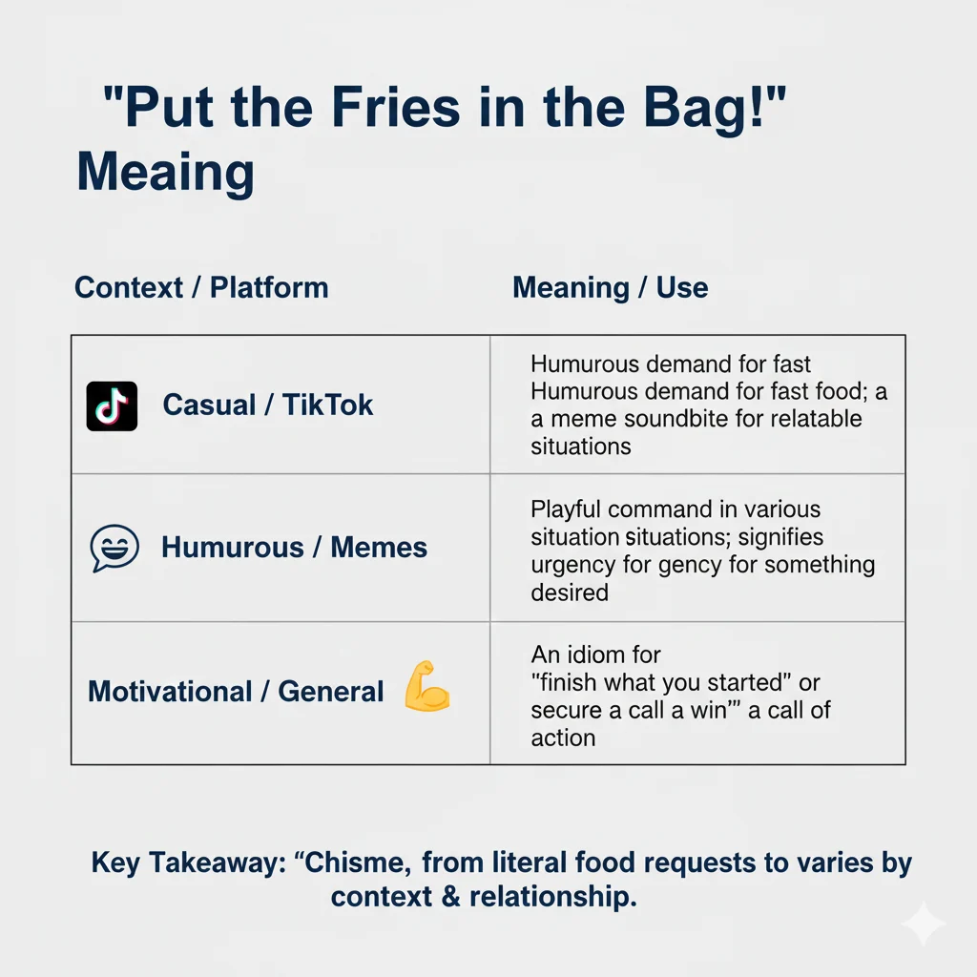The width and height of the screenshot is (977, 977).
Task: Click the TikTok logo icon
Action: (112, 405)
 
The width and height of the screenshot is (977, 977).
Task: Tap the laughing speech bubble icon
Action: (114, 548)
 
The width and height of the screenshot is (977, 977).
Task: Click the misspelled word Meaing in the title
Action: (165, 173)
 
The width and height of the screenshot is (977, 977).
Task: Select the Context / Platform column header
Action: (201, 287)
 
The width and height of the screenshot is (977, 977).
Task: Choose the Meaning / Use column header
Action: (610, 287)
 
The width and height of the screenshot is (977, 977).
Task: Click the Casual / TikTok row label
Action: (268, 405)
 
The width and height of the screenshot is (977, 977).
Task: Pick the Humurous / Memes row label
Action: (294, 548)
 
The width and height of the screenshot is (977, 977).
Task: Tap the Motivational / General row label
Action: (236, 691)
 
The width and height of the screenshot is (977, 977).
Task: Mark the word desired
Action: (570, 592)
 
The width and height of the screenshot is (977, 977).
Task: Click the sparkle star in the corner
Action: (924, 923)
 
